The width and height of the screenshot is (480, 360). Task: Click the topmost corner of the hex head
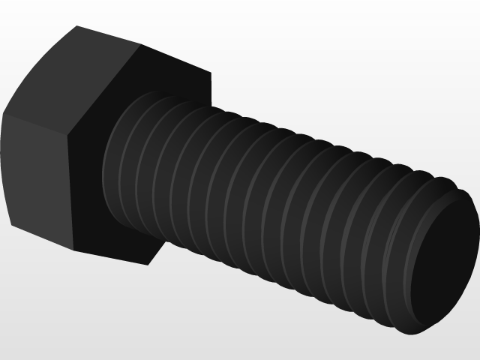(77, 26)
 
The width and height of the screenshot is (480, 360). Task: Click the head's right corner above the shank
(211, 73)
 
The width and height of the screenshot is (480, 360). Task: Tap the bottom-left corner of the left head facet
(10, 224)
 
